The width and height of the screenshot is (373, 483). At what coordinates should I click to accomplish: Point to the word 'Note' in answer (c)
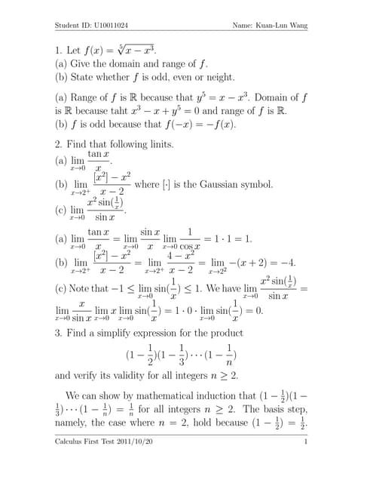(x=86, y=288)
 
